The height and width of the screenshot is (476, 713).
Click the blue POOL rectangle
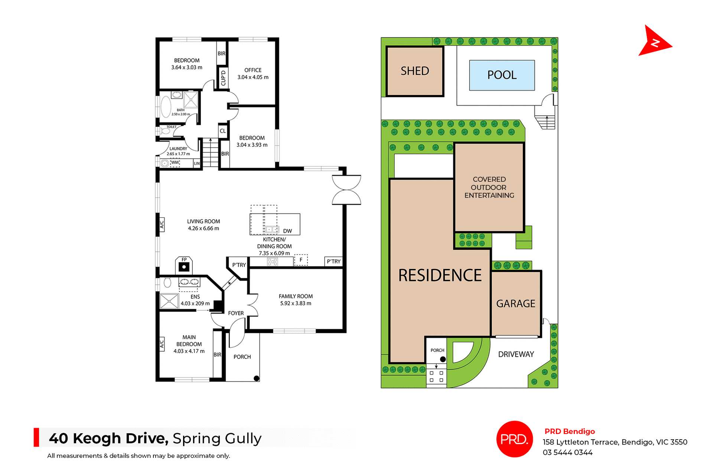[502, 75]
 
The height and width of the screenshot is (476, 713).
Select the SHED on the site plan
[415, 71]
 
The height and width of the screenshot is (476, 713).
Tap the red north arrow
[654, 42]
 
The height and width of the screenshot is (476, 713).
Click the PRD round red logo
[514, 439]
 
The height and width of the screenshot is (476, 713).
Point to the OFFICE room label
[253, 70]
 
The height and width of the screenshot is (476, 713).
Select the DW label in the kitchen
[287, 231]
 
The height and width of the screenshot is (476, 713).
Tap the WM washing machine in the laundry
[175, 163]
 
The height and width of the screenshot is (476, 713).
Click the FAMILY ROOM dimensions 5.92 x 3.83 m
[296, 303]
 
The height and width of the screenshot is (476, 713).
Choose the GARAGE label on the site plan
[515, 304]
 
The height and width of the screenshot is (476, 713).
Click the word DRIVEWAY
[516, 354]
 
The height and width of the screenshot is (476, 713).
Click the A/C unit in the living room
[162, 224]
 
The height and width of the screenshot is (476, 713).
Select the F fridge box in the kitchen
[301, 260]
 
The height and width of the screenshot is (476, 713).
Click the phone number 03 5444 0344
[567, 452]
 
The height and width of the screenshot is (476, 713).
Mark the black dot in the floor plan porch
[256, 378]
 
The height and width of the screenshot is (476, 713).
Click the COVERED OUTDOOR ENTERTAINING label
[489, 187]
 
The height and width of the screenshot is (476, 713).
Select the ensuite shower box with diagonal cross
[169, 301]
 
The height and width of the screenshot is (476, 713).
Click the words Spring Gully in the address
[217, 438]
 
